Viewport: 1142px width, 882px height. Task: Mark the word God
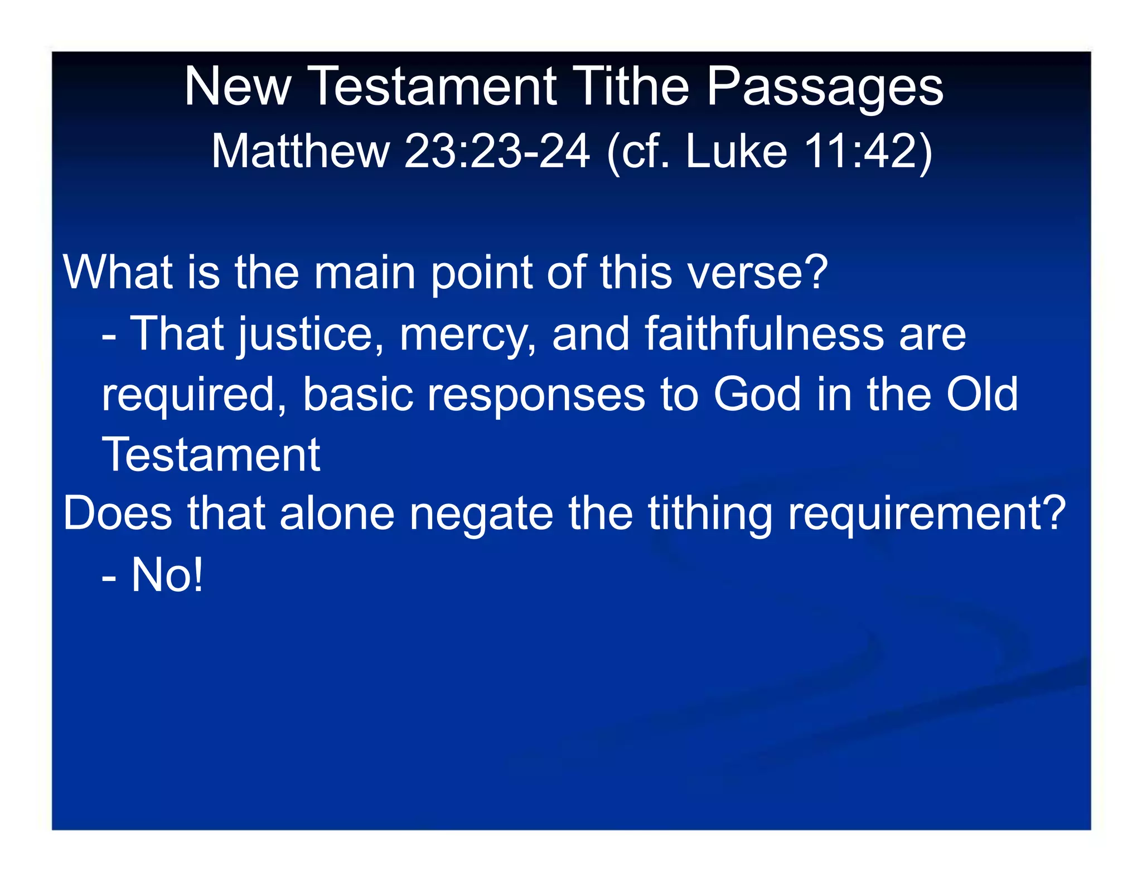(757, 394)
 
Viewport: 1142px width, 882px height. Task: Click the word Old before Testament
(982, 394)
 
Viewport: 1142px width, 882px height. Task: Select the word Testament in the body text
(211, 454)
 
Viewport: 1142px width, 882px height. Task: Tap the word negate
(482, 514)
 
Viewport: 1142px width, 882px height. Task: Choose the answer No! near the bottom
(167, 575)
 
